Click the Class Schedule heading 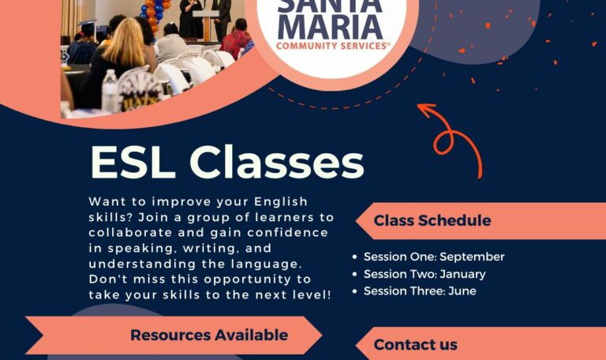pos(432,220)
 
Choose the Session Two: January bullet pos(425,274)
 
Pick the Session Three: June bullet pos(419,291)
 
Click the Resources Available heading pos(208,335)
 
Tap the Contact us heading pos(415,344)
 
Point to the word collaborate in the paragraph pos(125,232)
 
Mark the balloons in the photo pos(153,11)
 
